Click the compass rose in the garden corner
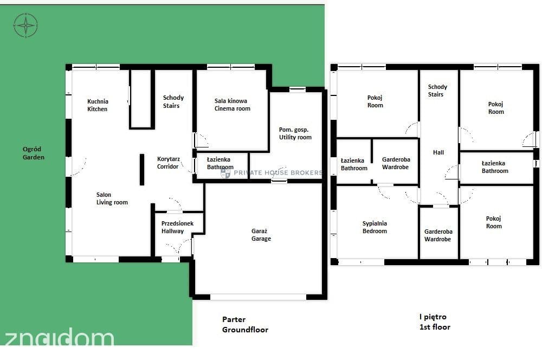point(25,25)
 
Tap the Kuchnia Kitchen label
point(98,105)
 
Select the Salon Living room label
point(112,198)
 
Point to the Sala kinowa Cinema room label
point(232,105)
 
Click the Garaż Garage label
point(261,235)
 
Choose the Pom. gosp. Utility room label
point(295,133)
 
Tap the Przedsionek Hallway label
point(177,227)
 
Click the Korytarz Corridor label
point(168,163)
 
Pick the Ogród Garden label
point(33,153)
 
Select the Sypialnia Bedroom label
point(375,227)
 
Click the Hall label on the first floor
point(438,152)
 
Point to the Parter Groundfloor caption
point(245,324)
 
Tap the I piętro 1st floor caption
point(435,322)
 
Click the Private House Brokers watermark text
point(278,172)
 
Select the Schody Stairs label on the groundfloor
point(173,102)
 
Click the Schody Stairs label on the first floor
point(437,91)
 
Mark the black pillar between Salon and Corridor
point(141,170)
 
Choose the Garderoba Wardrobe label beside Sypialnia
point(438,235)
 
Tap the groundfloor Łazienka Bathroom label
point(220,163)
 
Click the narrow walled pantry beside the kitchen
point(140,99)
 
